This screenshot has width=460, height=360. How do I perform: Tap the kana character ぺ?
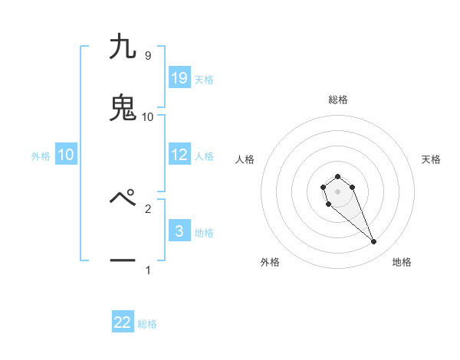(123, 198)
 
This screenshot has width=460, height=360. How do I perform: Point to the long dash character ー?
(123, 260)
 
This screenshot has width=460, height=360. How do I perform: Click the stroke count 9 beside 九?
(147, 56)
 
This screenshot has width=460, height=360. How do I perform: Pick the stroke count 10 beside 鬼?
(148, 116)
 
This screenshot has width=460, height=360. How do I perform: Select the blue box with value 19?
(179, 77)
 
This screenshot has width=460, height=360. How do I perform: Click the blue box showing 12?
(179, 155)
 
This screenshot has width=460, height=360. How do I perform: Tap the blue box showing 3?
(179, 231)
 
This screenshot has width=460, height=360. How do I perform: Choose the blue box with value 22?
(123, 322)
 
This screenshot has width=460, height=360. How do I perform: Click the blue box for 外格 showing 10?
(66, 155)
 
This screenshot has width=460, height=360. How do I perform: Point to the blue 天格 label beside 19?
(204, 79)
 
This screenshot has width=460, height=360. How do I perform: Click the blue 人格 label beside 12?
(204, 155)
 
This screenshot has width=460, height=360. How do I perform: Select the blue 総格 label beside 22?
(147, 324)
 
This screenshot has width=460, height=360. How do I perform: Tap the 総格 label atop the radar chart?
(337, 100)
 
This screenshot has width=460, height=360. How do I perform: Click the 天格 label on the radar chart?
(431, 159)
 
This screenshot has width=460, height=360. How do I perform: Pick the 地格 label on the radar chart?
(402, 262)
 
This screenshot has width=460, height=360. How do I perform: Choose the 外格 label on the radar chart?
(270, 262)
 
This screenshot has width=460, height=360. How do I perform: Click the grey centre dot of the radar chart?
(337, 191)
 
